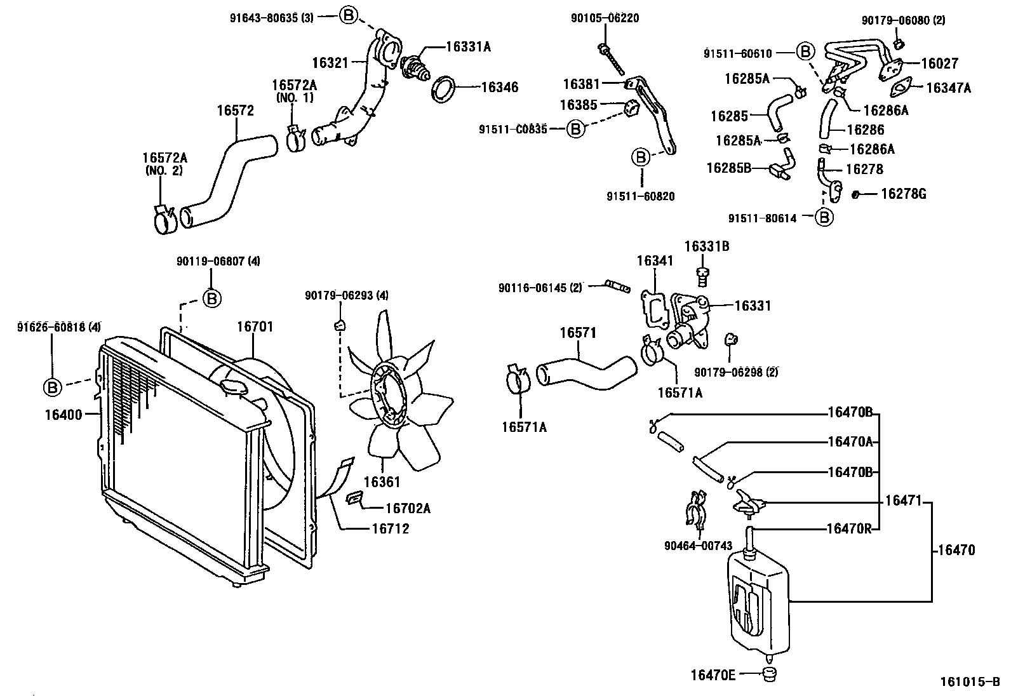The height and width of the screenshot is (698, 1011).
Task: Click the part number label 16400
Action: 64,415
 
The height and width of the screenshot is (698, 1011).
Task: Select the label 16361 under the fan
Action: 382,481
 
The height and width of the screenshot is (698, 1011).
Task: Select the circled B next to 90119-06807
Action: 212,298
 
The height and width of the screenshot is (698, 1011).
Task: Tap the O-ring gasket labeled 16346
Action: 444,88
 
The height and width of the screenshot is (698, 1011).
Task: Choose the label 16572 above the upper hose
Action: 235,111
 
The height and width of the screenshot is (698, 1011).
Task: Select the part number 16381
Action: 580,83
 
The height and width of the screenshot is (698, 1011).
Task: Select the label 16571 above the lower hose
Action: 578,333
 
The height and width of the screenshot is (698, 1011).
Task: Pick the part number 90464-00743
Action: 698,546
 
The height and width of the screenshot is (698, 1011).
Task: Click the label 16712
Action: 390,528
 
